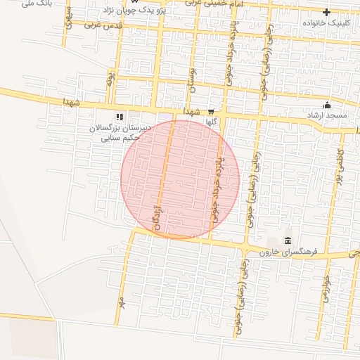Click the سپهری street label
pos(68,20)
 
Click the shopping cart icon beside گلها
pos(210,111)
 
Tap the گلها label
pos(210,122)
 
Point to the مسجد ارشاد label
pos(323,115)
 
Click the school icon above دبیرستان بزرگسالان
pos(120,117)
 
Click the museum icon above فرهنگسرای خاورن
pos(288,242)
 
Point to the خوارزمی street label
pos(326,288)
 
